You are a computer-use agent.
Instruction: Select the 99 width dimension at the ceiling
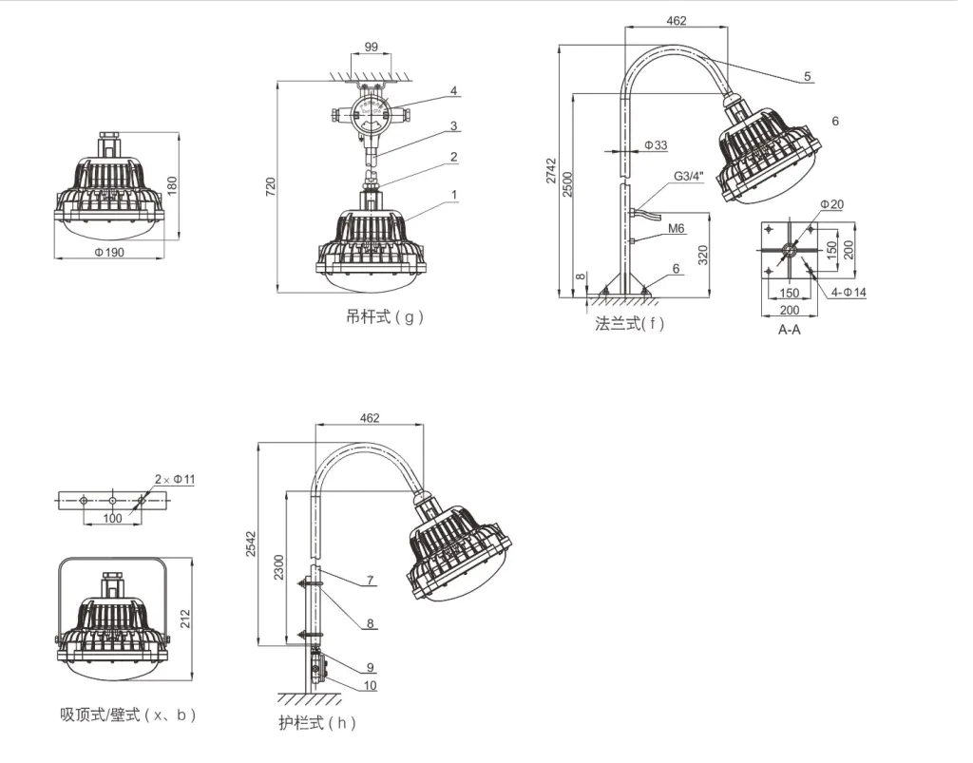coord(371,47)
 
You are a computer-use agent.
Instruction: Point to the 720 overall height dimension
coord(269,184)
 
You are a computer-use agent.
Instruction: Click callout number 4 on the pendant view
coord(454,91)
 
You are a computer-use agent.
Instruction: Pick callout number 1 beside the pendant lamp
coord(454,195)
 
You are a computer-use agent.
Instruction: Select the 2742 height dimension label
coord(551,169)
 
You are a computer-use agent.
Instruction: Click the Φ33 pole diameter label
coord(656,145)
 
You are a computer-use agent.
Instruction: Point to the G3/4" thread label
coord(689,177)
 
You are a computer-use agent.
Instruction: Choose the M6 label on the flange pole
coord(677,228)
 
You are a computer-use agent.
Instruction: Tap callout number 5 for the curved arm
coord(807,77)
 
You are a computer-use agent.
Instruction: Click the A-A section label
coord(789,330)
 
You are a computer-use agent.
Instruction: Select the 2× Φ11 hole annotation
coord(175,479)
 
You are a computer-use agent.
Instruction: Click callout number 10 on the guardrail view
coord(370,685)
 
